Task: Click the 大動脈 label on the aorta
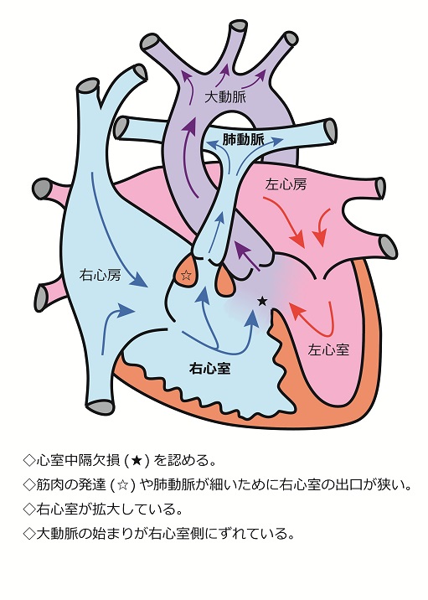click(x=225, y=97)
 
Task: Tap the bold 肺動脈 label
click(x=243, y=140)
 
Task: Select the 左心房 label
click(x=286, y=185)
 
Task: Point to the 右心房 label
click(x=100, y=275)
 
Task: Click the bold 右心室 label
click(x=209, y=369)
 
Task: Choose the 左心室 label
click(x=328, y=349)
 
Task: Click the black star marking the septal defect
click(x=262, y=301)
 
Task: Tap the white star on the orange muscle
click(x=186, y=275)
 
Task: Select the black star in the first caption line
click(x=137, y=460)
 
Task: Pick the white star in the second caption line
click(x=122, y=485)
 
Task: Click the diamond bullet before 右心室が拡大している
click(x=29, y=509)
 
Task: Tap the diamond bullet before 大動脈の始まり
click(x=29, y=534)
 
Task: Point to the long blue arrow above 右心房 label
click(x=119, y=230)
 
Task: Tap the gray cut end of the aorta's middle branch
click(x=238, y=27)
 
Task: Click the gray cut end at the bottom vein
click(x=101, y=406)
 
